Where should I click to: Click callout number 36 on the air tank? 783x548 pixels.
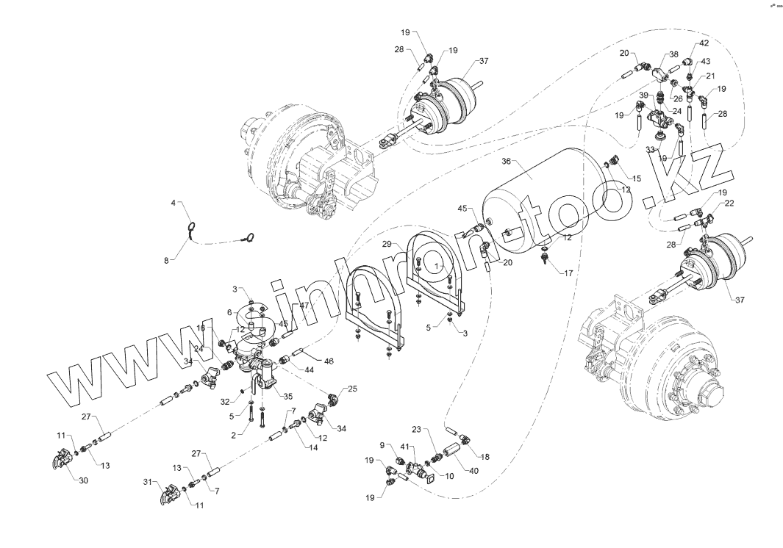pyautogui.click(x=507, y=161)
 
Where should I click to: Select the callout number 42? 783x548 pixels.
pyautogui.click(x=704, y=43)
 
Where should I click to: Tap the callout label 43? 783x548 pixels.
pyautogui.click(x=705, y=62)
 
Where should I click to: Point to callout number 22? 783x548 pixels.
pyautogui.click(x=729, y=203)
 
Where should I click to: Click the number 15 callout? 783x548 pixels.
pyautogui.click(x=637, y=179)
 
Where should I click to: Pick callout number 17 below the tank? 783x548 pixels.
pyautogui.click(x=568, y=273)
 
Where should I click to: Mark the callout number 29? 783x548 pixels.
pyautogui.click(x=387, y=244)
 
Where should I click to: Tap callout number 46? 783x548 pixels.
pyautogui.click(x=329, y=361)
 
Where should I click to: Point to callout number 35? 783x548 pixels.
pyautogui.click(x=287, y=396)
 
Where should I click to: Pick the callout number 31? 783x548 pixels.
pyautogui.click(x=147, y=483)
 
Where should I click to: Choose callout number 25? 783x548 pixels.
pyautogui.click(x=352, y=389)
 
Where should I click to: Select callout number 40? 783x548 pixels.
pyautogui.click(x=473, y=471)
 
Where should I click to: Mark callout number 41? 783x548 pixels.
pyautogui.click(x=404, y=447)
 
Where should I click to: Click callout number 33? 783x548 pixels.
pyautogui.click(x=650, y=150)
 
